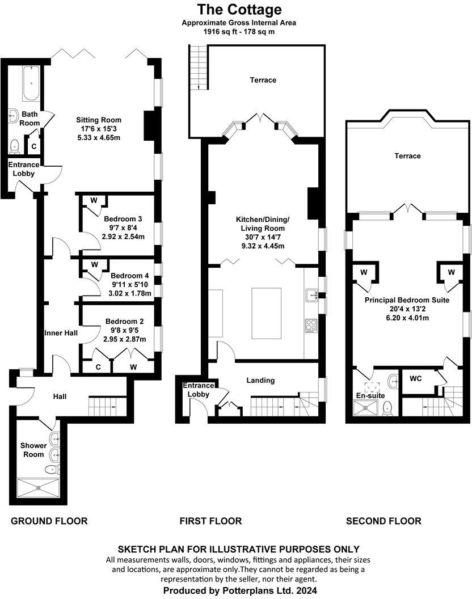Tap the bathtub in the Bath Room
click(x=30, y=82)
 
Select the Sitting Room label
click(x=99, y=120)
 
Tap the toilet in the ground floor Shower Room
click(x=52, y=469)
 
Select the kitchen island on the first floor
click(x=266, y=304)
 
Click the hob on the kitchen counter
click(x=311, y=326)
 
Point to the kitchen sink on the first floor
click(x=311, y=294)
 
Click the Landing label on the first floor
click(x=260, y=380)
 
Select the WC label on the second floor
click(x=415, y=377)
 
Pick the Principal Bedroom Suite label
click(x=407, y=299)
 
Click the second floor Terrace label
click(x=407, y=155)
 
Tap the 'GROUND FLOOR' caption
click(x=49, y=521)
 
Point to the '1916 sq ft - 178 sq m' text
click(x=239, y=32)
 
